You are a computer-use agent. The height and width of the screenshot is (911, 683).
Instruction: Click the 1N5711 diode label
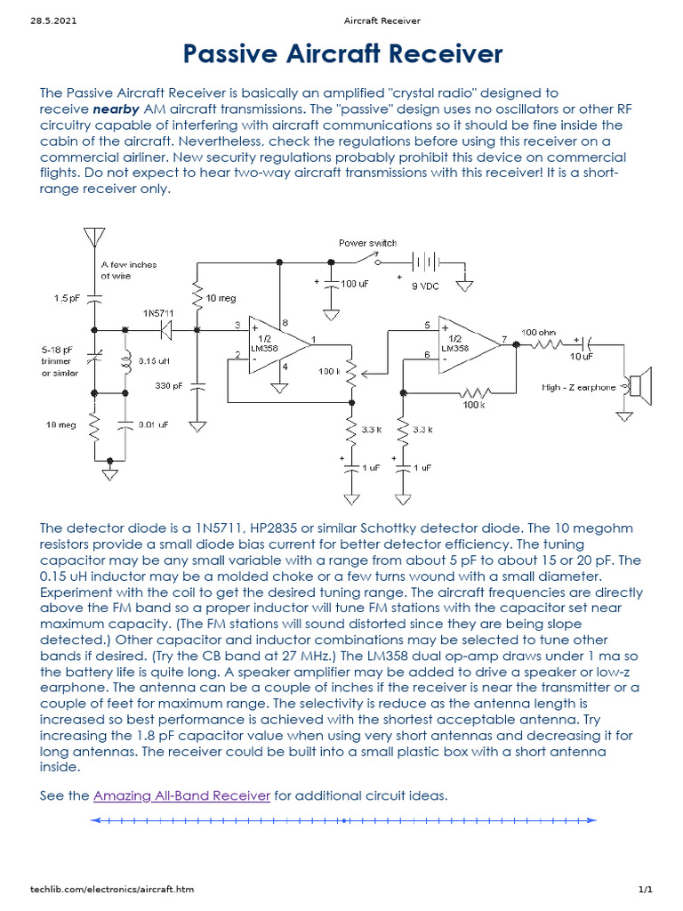pyautogui.click(x=159, y=312)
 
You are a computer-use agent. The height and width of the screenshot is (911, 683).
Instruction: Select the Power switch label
pyautogui.click(x=367, y=243)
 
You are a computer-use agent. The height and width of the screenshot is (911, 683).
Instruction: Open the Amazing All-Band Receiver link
pyautogui.click(x=181, y=795)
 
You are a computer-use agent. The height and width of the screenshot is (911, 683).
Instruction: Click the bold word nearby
pyautogui.click(x=115, y=109)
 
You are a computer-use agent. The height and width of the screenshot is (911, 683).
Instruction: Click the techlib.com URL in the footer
pyautogui.click(x=112, y=890)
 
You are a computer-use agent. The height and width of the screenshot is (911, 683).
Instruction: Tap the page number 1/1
pyautogui.click(x=645, y=890)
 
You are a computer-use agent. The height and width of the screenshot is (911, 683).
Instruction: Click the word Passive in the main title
pyautogui.click(x=235, y=55)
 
